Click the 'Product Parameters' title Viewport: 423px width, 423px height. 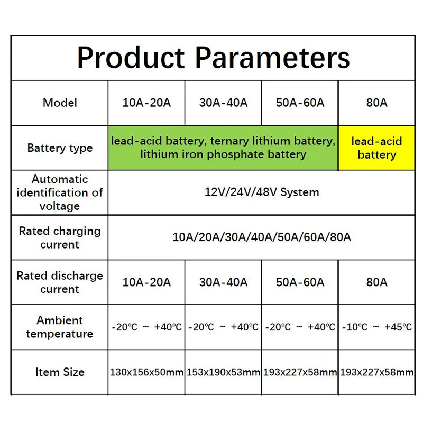click(x=214, y=58)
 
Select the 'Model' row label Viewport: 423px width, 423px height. click(x=60, y=103)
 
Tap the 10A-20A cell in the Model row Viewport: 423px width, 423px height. click(x=146, y=103)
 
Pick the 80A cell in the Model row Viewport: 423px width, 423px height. click(x=376, y=103)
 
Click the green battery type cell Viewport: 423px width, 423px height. click(x=223, y=148)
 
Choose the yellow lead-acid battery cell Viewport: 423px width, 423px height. click(x=376, y=148)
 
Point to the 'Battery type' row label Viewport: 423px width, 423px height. click(x=60, y=148)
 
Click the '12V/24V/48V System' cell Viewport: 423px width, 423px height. click(x=262, y=192)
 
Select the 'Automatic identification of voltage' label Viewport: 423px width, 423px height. click(x=60, y=192)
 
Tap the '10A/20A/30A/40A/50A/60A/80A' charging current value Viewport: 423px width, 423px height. click(x=262, y=237)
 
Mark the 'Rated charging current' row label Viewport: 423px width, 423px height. click(x=60, y=237)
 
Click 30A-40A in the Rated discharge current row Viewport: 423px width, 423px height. click(x=223, y=282)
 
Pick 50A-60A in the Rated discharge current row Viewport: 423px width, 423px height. click(x=300, y=282)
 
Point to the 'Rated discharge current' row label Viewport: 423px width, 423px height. click(x=60, y=282)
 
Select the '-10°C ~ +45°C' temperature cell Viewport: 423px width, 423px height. click(x=377, y=327)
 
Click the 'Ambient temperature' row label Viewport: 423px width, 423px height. click(x=60, y=327)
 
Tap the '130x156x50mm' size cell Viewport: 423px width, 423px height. click(x=146, y=372)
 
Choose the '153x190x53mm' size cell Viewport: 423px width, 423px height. click(x=223, y=372)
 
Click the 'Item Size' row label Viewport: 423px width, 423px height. click(x=60, y=372)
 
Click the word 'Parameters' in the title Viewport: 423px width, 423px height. click(x=272, y=58)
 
